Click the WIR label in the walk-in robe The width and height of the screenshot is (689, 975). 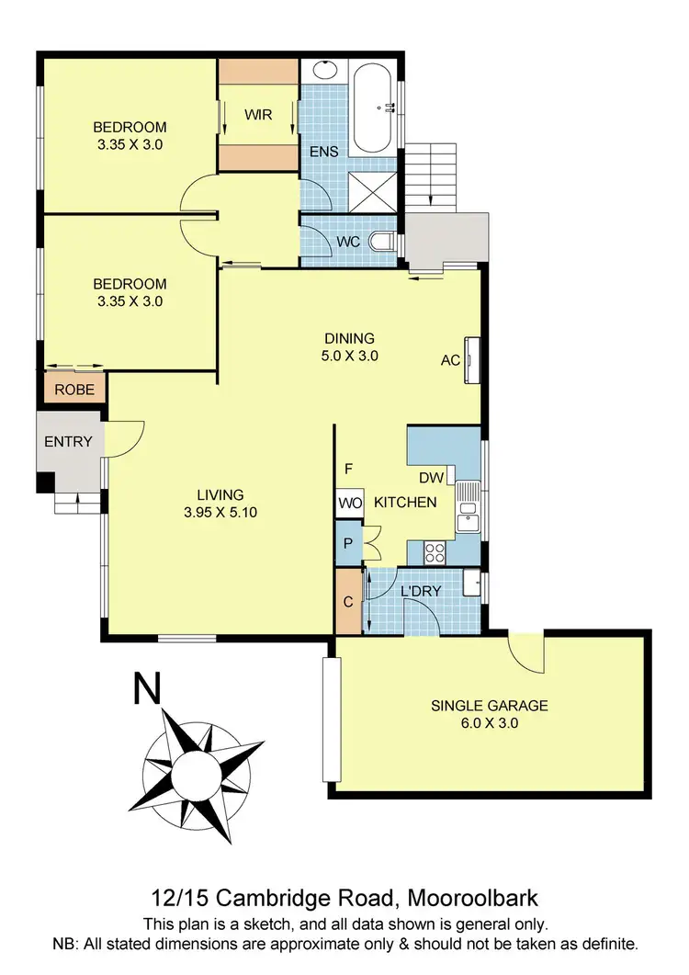(x=258, y=114)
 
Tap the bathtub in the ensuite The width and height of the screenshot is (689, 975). (x=376, y=108)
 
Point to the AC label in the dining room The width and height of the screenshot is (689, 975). (x=450, y=360)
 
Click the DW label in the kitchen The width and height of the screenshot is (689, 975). (x=432, y=478)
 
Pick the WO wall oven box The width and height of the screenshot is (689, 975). (x=349, y=503)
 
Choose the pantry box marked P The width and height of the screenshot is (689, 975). (x=348, y=543)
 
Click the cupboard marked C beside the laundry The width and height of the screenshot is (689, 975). (x=348, y=602)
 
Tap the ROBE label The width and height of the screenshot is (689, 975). (x=73, y=390)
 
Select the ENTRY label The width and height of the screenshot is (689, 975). (x=68, y=441)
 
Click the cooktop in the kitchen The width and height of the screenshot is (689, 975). (x=434, y=552)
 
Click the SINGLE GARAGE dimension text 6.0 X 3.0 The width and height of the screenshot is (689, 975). (x=490, y=722)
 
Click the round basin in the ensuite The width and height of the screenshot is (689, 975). (x=323, y=71)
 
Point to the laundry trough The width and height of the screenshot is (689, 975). (x=474, y=584)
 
